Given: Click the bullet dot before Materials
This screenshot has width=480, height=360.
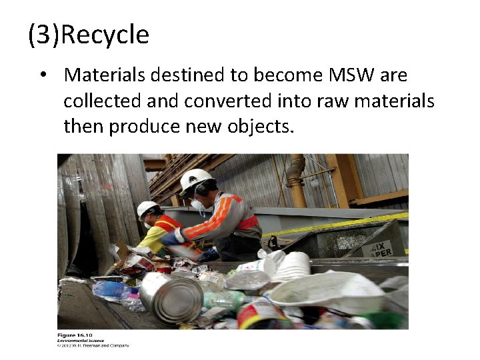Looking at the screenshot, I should click(43, 75).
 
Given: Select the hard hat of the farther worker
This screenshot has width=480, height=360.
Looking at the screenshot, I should click(147, 209).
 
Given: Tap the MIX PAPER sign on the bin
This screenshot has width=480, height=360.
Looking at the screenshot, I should click(381, 249).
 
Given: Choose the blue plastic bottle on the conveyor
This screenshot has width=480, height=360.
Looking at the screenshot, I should click(110, 289).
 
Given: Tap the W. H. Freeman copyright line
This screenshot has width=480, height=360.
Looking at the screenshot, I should click(93, 345).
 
